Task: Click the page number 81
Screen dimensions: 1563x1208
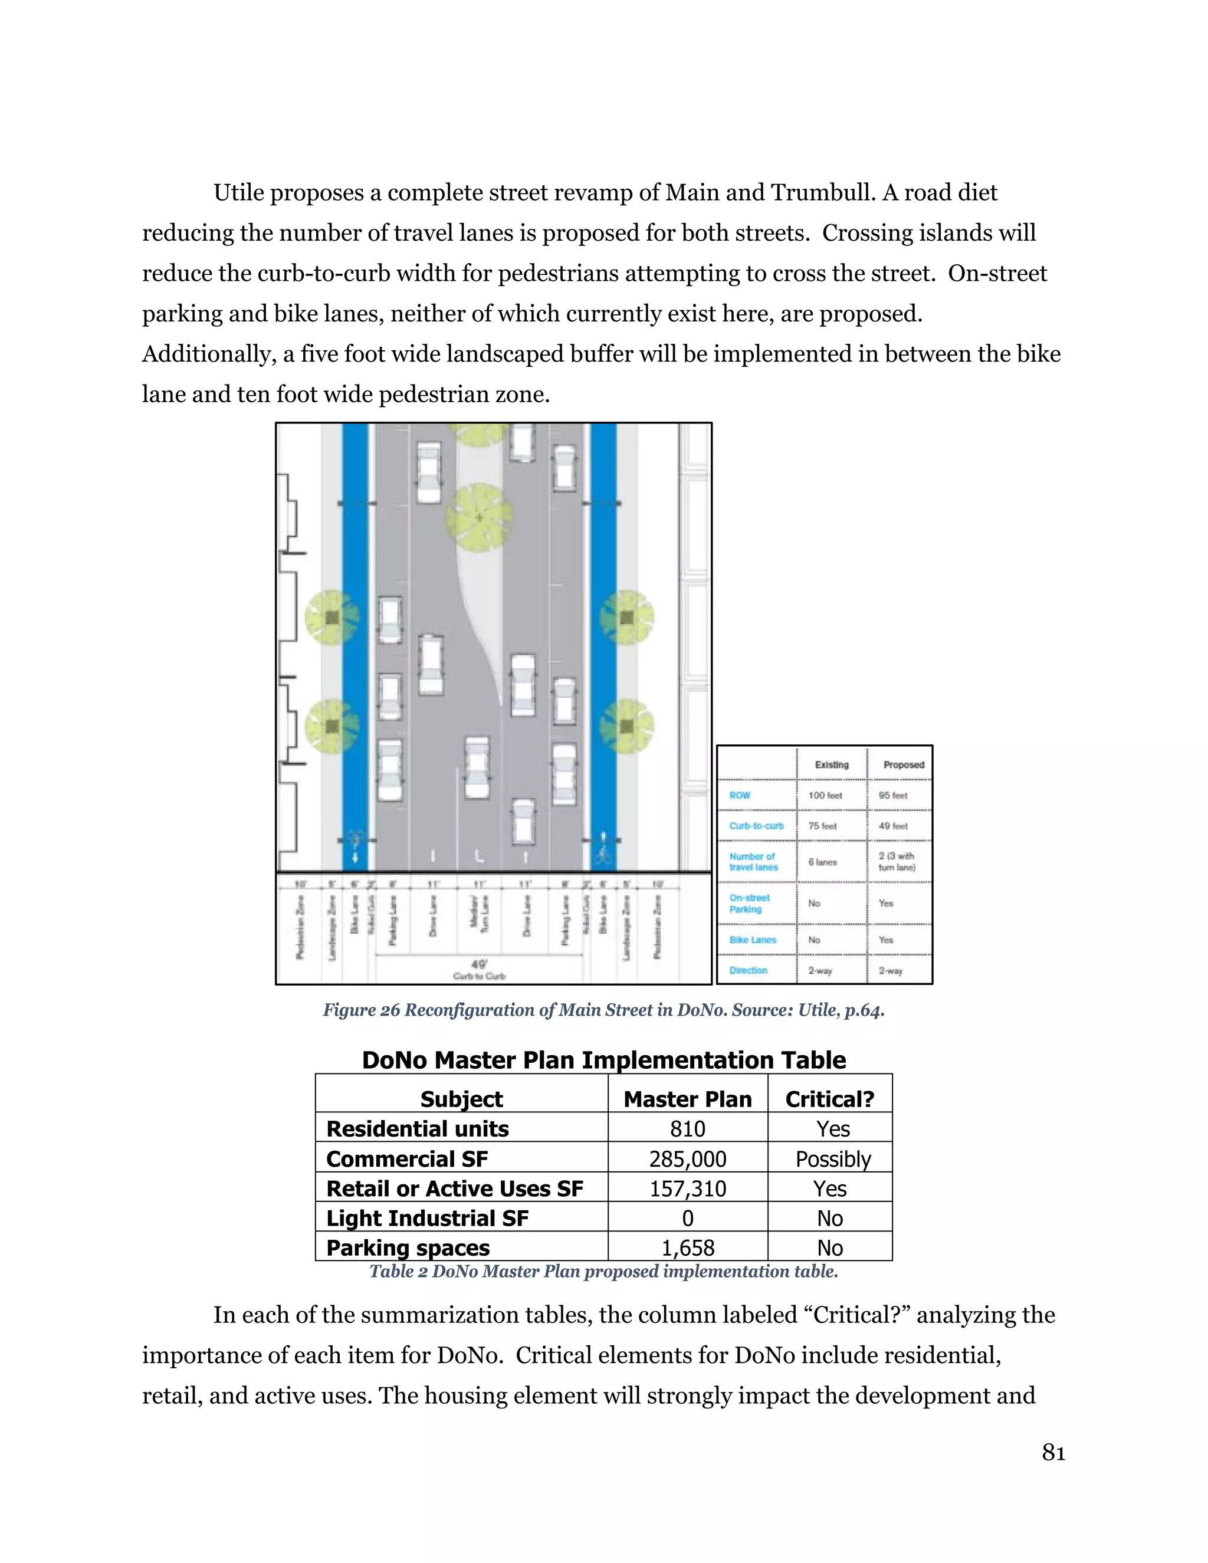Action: (x=1053, y=1452)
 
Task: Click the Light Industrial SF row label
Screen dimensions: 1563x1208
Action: (x=427, y=1218)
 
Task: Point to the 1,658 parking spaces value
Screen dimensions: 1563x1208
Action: (x=687, y=1248)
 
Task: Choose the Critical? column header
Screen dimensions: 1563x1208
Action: (x=829, y=1099)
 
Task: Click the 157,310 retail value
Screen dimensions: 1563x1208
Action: (x=687, y=1188)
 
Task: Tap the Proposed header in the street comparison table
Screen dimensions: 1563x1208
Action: (x=903, y=764)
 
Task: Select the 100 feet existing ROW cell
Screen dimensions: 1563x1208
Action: (x=825, y=795)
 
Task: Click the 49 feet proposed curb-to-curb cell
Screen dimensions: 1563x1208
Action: (x=892, y=826)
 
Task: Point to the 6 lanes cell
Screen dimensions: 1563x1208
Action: (x=822, y=862)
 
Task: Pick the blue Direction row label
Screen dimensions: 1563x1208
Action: (x=748, y=970)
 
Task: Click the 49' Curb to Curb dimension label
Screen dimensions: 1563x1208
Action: (x=479, y=970)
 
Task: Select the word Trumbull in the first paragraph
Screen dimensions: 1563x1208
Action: (x=815, y=192)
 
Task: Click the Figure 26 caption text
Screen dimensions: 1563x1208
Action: (x=603, y=1010)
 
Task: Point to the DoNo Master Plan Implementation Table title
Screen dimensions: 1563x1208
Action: (x=603, y=1060)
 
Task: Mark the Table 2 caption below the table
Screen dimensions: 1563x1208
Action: (x=603, y=1271)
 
